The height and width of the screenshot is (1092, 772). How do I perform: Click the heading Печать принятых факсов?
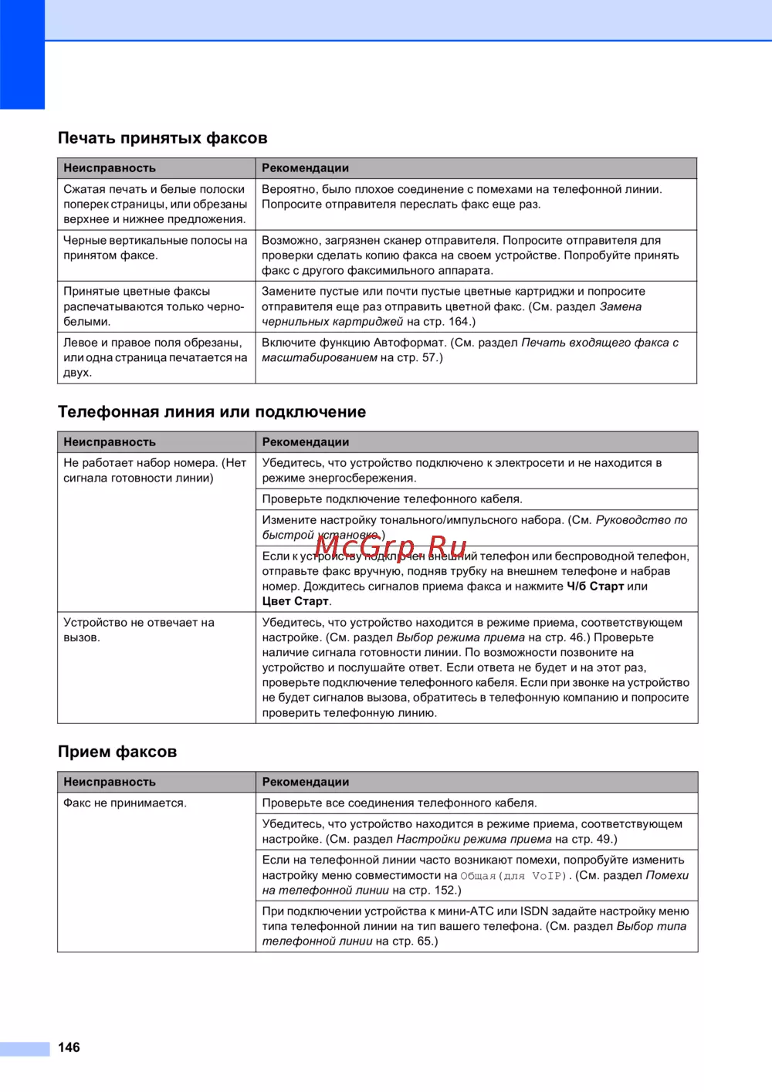click(162, 138)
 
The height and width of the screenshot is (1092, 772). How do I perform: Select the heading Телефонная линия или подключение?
click(212, 412)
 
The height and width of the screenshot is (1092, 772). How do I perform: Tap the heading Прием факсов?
click(117, 752)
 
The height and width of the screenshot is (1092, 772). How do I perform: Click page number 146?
click(69, 1047)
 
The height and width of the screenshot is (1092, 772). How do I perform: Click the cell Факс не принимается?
click(125, 803)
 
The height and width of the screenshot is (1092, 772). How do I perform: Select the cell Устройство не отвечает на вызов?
click(139, 630)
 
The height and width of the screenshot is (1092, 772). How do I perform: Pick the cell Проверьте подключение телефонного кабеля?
click(392, 499)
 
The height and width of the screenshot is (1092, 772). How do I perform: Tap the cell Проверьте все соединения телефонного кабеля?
click(399, 803)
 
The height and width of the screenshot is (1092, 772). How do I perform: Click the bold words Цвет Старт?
click(296, 601)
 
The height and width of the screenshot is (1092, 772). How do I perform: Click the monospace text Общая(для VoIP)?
click(513, 876)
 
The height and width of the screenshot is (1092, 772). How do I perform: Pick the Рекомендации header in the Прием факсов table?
click(306, 782)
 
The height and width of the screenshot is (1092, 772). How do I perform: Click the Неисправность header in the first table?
click(110, 168)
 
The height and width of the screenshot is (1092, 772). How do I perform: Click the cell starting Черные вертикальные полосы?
click(155, 248)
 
